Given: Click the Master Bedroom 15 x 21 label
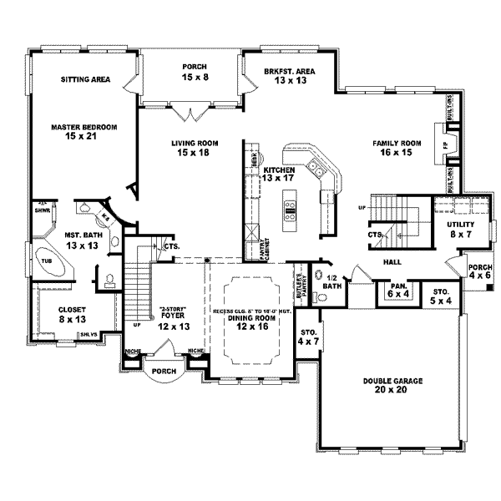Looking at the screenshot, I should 83,131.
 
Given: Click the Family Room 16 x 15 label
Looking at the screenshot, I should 397,148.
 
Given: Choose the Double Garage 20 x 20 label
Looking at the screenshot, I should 392,385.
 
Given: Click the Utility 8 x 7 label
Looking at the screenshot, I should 458,230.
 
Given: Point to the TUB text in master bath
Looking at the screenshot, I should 35,260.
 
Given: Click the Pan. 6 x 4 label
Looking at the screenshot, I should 396,290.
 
